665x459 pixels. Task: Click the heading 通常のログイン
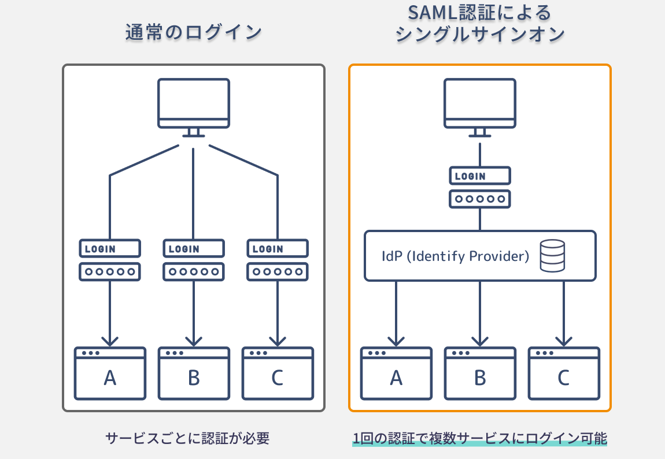tap(193, 33)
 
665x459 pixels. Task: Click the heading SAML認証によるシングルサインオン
tap(479, 24)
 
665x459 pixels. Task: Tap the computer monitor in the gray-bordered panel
tap(194, 104)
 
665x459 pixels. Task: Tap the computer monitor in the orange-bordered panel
tap(479, 104)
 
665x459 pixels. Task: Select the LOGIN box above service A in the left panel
tap(109, 249)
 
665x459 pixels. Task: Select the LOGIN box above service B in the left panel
tap(193, 249)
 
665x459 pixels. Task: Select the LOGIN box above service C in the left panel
tap(278, 249)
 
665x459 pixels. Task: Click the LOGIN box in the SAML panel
tap(479, 176)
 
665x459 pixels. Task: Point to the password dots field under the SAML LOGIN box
tap(479, 199)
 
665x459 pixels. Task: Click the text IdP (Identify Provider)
tap(456, 256)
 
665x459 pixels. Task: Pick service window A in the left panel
tap(109, 374)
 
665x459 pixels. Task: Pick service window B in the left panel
tap(194, 374)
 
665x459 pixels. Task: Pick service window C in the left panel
tap(278, 374)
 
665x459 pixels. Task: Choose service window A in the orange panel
tap(396, 374)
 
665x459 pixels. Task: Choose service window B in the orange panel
tap(480, 374)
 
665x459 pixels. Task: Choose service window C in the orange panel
tap(564, 374)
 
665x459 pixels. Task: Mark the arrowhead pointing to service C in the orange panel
tap(564, 339)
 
